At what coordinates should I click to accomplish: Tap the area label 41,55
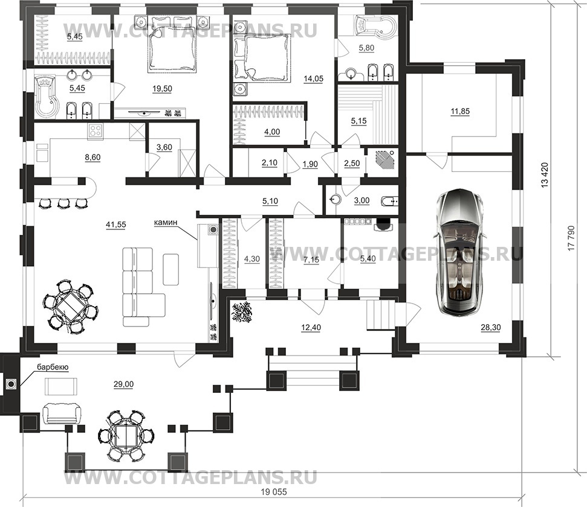[x=116, y=225]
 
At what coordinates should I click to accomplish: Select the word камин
[x=165, y=223]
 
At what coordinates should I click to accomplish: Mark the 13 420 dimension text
[x=545, y=174]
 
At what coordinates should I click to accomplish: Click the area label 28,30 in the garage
[x=491, y=328]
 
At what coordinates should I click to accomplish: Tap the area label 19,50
[x=162, y=89]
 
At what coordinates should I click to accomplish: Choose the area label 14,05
[x=313, y=78]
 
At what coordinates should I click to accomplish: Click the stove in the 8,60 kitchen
[x=96, y=132]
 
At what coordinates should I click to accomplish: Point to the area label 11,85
[x=460, y=112]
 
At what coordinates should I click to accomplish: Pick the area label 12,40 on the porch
[x=311, y=328]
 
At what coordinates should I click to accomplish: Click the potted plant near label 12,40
[x=242, y=312]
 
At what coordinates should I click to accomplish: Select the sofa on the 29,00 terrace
[x=62, y=413]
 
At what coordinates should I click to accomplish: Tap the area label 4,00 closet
[x=272, y=132]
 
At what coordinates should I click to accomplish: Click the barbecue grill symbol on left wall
[x=11, y=383]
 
